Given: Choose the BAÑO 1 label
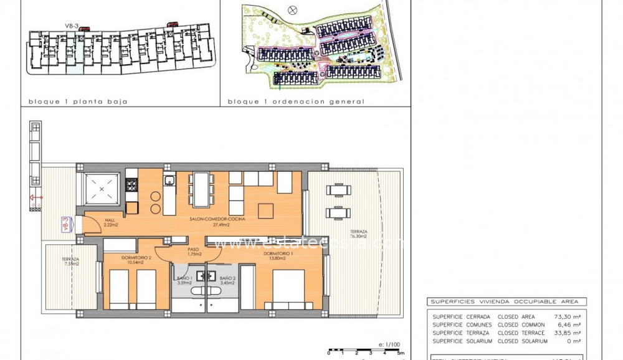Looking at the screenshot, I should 184,280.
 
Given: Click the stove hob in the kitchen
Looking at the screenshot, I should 131,184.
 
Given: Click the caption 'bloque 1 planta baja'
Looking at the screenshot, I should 78,102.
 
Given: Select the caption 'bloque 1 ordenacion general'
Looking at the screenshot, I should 296,102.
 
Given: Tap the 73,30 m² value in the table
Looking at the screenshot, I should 567,316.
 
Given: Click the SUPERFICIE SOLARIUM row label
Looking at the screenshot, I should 462,341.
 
